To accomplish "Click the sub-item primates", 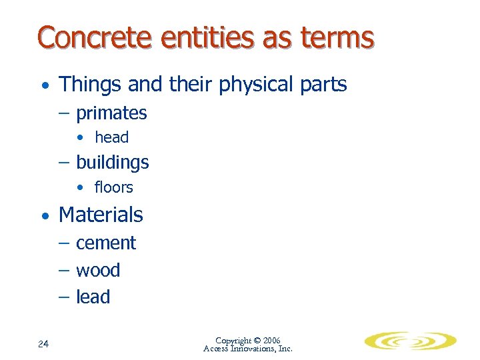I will click(x=111, y=113).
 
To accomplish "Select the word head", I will click(x=111, y=138).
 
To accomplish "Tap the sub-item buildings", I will click(x=112, y=163).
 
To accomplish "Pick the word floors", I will click(x=113, y=188).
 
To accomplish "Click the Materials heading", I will click(x=101, y=215).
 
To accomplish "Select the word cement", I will click(x=106, y=243).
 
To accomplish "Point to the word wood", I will click(x=98, y=270).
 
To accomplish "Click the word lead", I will click(x=93, y=297).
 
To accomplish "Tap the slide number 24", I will click(x=43, y=344).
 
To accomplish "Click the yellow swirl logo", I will click(x=409, y=341).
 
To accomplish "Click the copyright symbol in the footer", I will click(x=257, y=341).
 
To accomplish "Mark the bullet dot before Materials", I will click(x=44, y=216).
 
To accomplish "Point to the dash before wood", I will click(x=66, y=271).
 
